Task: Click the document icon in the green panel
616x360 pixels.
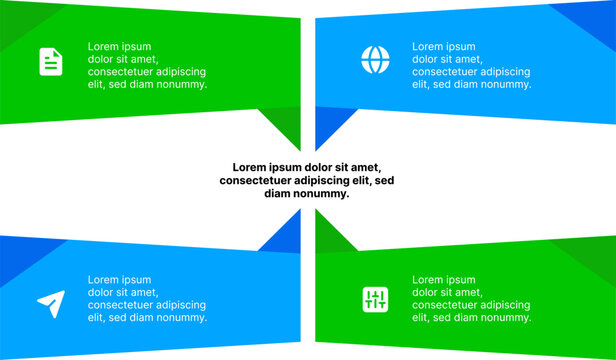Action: pos(51,62)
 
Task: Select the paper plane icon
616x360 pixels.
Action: pos(51,299)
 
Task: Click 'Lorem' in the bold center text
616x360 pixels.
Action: pos(251,167)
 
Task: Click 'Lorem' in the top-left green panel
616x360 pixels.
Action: pos(104,46)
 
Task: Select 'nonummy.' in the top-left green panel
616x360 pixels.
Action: pos(180,85)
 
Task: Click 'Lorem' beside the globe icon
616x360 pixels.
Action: pos(428,46)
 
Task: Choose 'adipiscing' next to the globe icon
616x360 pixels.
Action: pos(504,72)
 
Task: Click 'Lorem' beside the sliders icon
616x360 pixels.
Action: pos(428,279)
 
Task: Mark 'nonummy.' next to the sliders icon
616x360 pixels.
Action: pos(504,318)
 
